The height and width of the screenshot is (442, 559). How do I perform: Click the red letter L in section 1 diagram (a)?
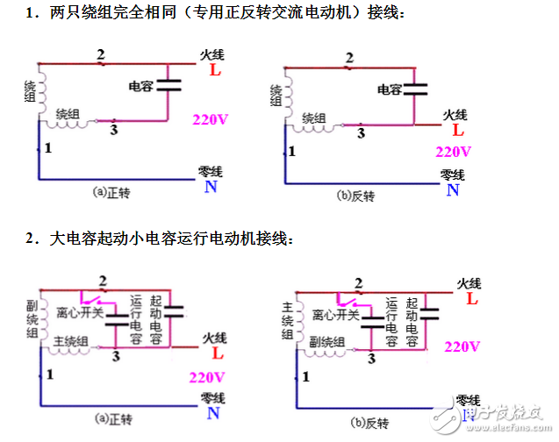pyautogui.click(x=215, y=70)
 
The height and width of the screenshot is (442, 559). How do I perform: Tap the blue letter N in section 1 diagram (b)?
pyautogui.click(x=452, y=189)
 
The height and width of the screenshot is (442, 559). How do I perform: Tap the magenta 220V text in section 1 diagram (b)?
pyautogui.click(x=454, y=151)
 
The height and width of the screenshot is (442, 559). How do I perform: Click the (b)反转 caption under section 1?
pyautogui.click(x=356, y=195)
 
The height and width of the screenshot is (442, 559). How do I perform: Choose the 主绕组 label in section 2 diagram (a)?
pyautogui.click(x=69, y=341)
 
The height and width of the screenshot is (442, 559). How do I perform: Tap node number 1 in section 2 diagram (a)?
pyautogui.click(x=48, y=375)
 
